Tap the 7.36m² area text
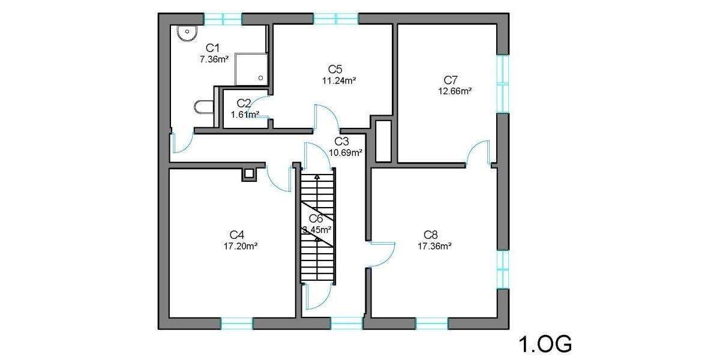point(214,59)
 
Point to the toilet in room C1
point(203,107)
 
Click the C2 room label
point(244,104)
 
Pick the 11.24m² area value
point(340,80)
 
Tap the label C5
point(335,69)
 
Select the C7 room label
point(451,80)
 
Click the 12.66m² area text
point(455,92)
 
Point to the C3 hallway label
point(341,142)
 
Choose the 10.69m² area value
point(345,152)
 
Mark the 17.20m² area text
point(241,245)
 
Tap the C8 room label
point(431,234)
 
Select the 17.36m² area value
point(434,245)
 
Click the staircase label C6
point(316,218)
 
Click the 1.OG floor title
point(544,344)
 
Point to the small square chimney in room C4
point(248,175)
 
